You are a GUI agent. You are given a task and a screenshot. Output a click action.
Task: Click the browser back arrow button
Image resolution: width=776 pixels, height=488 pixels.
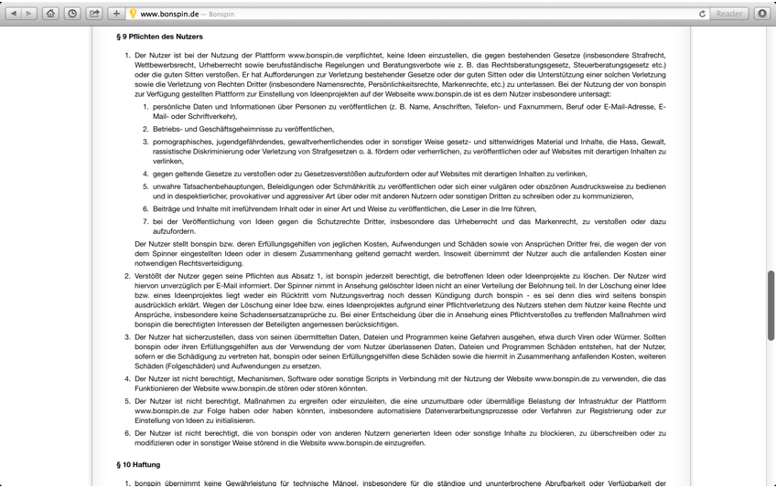pos(13,14)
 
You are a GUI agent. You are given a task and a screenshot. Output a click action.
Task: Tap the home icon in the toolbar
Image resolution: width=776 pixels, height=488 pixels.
pos(50,14)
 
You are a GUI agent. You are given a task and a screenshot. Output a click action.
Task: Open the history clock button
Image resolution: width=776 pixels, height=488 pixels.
pos(71,14)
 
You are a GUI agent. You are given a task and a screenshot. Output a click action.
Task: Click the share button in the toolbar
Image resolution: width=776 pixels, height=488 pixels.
pos(94,14)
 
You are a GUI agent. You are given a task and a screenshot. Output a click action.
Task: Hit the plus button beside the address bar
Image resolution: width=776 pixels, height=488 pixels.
pos(116,14)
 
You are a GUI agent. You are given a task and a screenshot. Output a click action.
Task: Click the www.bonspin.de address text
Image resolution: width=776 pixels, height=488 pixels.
pos(171,14)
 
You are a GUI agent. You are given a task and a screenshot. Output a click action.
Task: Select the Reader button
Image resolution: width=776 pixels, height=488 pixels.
pos(729,14)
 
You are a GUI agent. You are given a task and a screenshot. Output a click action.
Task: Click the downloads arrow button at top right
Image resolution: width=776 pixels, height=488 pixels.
pos(762,14)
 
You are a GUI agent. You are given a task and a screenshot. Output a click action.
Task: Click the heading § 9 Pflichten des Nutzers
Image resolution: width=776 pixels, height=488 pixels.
pos(160,37)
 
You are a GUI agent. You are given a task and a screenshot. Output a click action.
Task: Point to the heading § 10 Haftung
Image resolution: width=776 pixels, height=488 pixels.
pos(138,464)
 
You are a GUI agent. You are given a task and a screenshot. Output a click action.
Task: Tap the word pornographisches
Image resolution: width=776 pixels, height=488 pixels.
pos(187,142)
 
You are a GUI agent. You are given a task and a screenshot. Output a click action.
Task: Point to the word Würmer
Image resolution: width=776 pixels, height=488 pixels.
pos(647,337)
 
